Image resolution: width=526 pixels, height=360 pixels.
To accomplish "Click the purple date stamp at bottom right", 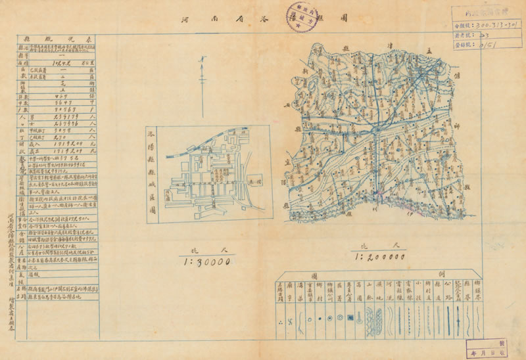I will pyautogui.click(x=487, y=349).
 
